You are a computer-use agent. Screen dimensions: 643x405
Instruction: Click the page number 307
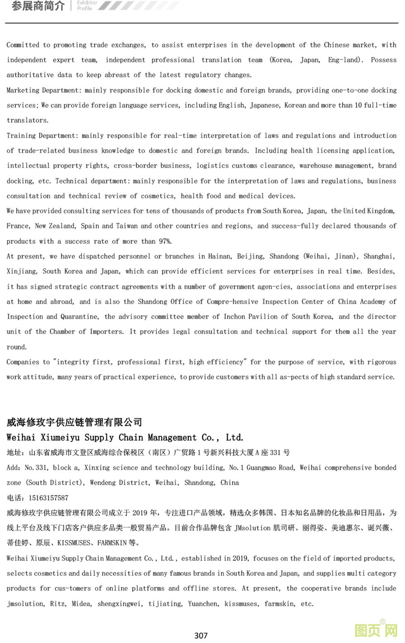pos(201,635)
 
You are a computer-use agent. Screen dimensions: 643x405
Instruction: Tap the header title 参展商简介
pos(38,6)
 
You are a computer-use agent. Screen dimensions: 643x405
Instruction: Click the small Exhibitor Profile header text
pos(87,5)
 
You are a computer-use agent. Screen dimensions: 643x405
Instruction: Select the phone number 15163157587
pos(48,498)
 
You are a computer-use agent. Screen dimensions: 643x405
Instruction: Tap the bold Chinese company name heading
pos(74,422)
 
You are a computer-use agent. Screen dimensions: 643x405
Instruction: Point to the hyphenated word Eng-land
pos(345,60)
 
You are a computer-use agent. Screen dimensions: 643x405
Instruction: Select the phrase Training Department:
pos(43,136)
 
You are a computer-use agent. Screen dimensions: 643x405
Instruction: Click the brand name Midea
pos(81,604)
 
